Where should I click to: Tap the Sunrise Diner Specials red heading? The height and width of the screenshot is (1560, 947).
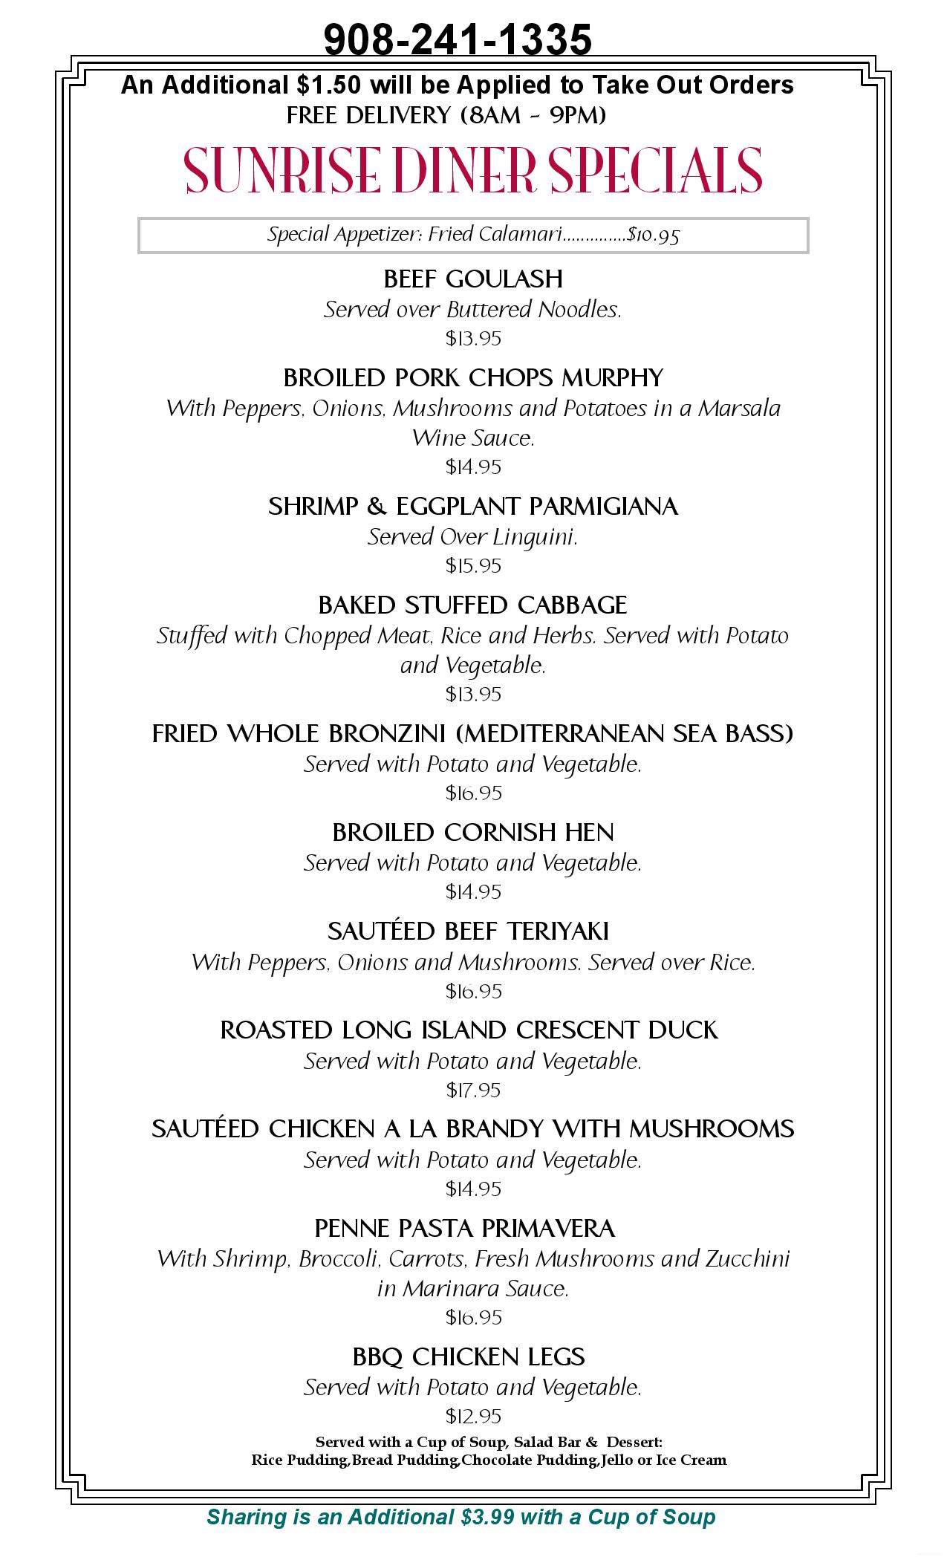[473, 170]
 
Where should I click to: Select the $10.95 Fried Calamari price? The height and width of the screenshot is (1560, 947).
[654, 235]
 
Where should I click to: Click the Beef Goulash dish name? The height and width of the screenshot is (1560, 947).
[473, 279]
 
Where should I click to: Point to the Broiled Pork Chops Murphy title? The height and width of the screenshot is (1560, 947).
[473, 378]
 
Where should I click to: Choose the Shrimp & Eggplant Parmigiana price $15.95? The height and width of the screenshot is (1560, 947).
[473, 566]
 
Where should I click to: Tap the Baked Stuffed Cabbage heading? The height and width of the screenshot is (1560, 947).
[473, 605]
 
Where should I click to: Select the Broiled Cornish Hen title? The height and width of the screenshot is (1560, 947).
[473, 833]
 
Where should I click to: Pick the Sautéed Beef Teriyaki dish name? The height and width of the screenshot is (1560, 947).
[468, 932]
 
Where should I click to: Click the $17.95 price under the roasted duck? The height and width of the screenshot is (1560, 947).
[473, 1091]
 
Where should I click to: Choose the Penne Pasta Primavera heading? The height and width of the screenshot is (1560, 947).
[465, 1229]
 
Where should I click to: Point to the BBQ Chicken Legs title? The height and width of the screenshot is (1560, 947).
[469, 1357]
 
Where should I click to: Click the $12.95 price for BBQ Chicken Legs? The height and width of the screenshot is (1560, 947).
[473, 1416]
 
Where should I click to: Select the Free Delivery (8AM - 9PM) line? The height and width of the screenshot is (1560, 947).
[446, 116]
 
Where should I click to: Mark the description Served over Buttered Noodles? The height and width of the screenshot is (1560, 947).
[472, 310]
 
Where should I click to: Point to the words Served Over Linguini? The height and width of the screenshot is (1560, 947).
[472, 537]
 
